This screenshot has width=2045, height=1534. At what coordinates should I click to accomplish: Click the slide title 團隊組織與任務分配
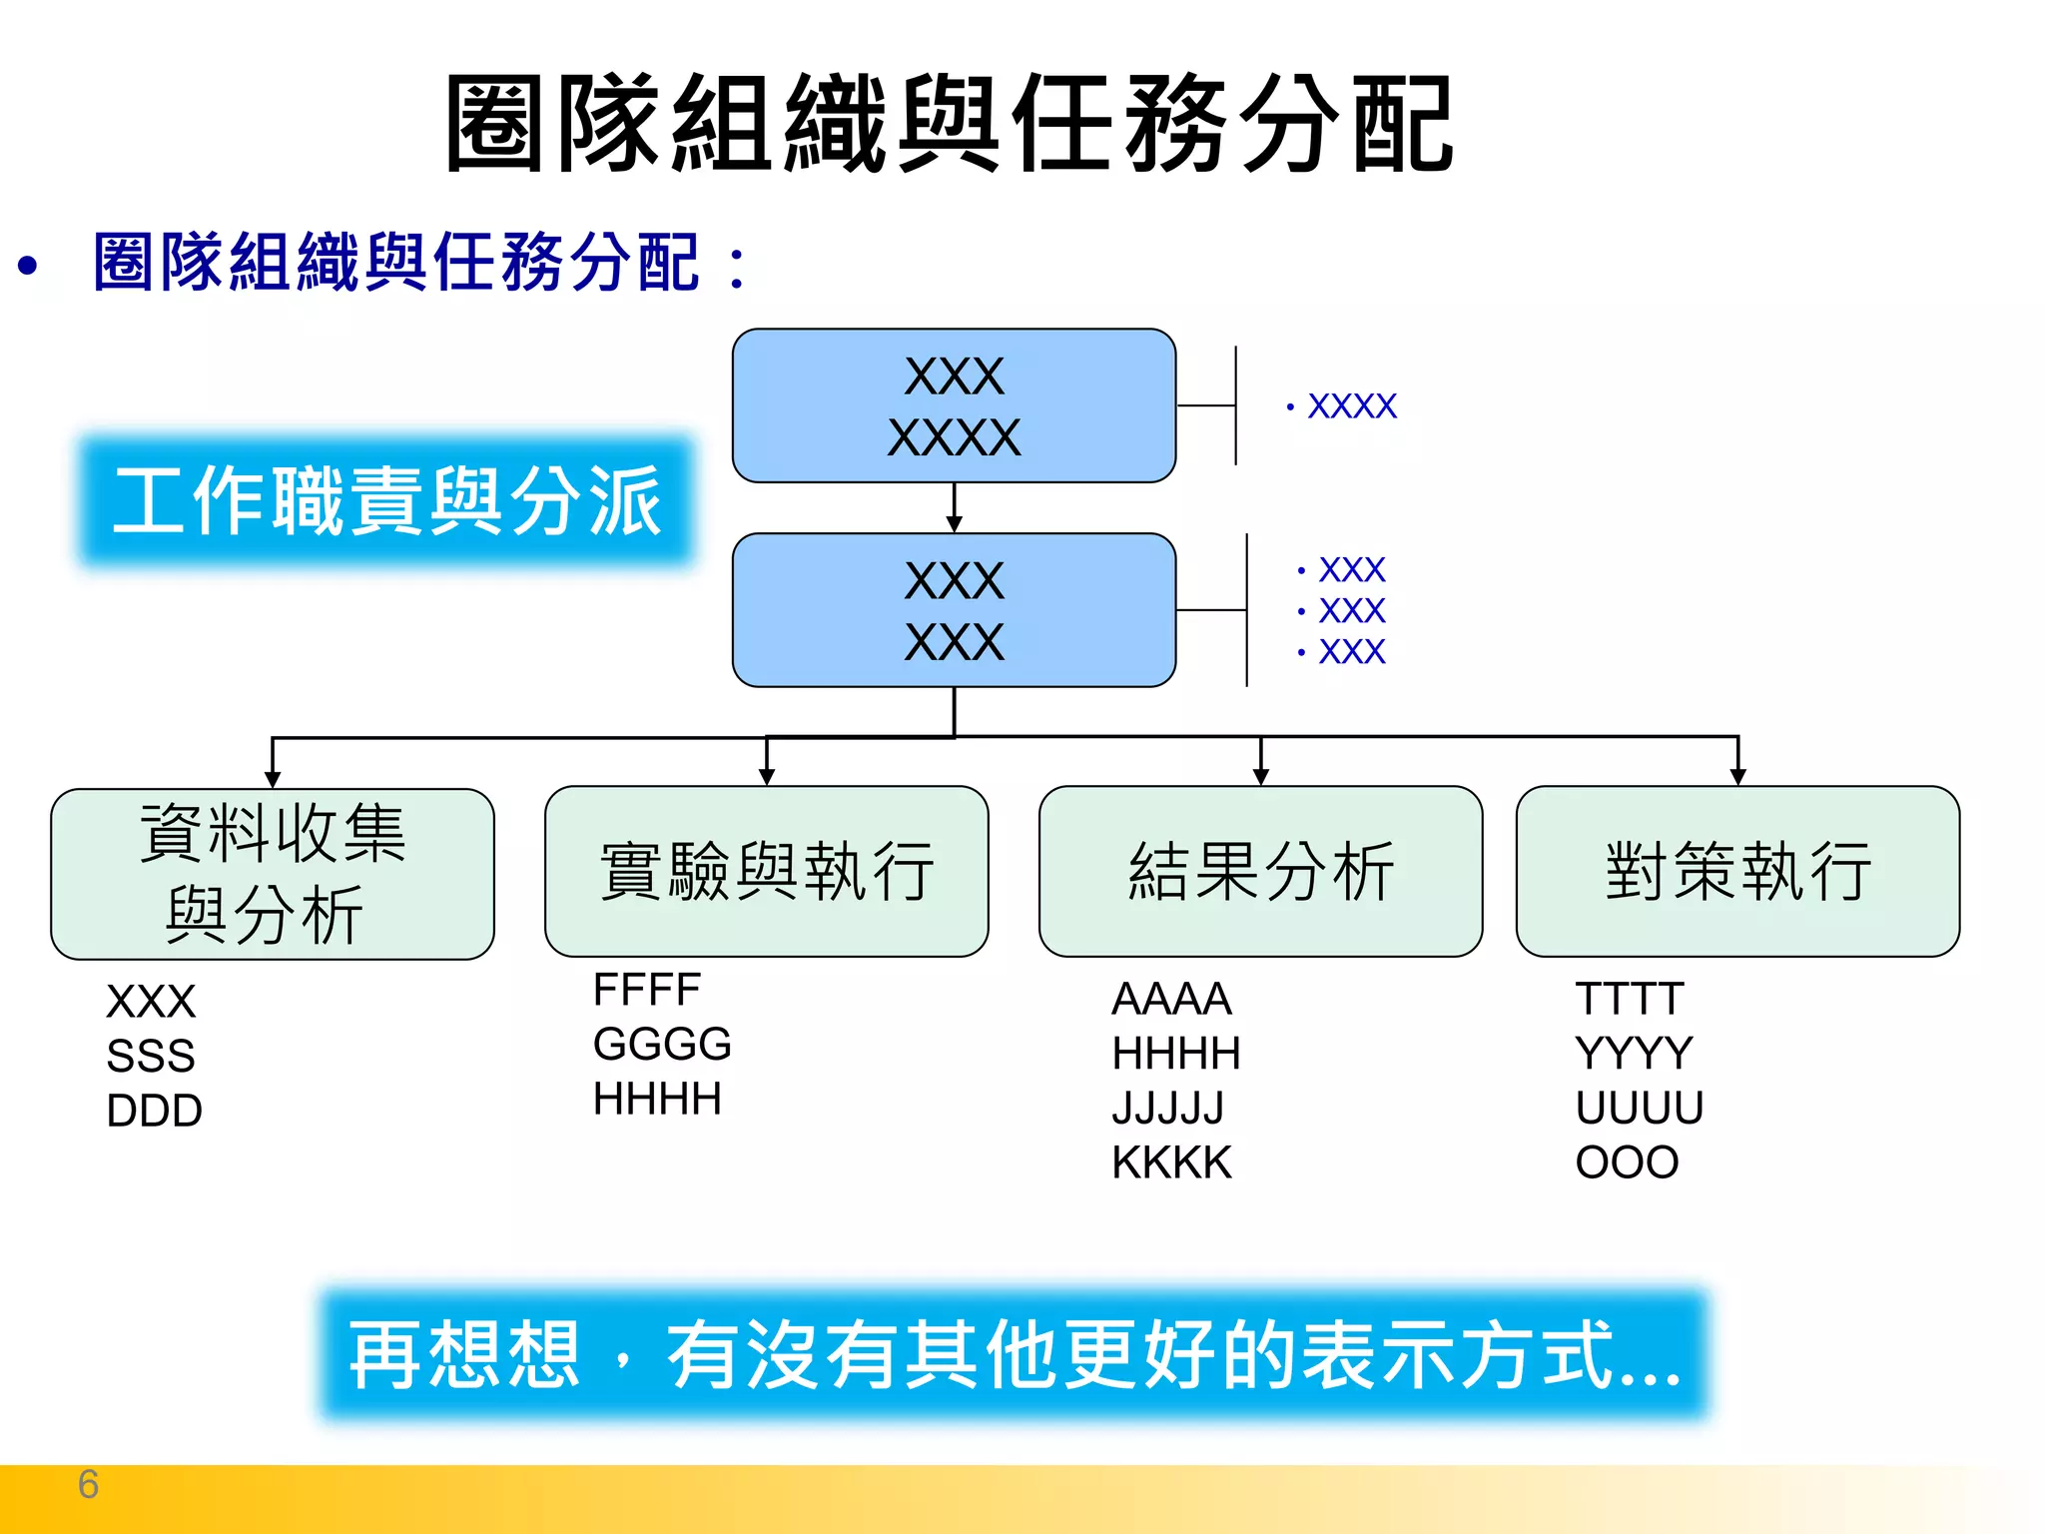pos(949,125)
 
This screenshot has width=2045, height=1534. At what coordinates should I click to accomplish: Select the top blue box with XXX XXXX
pos(954,405)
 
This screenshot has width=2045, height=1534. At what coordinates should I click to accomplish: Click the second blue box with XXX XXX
pos(954,610)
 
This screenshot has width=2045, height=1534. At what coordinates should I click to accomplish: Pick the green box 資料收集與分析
pos(272,874)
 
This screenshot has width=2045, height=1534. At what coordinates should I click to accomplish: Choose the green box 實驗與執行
pos(766,871)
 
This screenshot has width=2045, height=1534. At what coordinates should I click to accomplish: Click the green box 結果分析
pos(1260,871)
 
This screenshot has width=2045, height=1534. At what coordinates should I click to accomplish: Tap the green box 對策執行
pos(1737,871)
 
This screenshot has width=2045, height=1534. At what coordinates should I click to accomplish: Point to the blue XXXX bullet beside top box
pos(1351,406)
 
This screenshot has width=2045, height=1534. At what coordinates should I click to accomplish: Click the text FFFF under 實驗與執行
pos(647,990)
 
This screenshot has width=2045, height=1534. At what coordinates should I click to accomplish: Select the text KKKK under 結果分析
pos(1172,1162)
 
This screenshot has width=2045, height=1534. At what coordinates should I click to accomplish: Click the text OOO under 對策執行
pos(1627,1162)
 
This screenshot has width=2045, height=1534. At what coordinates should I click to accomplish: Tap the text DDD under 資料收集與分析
pos(154,1111)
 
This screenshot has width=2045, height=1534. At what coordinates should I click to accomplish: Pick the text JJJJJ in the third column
pos(1168,1108)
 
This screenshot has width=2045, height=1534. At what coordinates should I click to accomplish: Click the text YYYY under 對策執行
pos(1634,1053)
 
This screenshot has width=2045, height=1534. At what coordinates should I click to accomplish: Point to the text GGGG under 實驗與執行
pos(662,1045)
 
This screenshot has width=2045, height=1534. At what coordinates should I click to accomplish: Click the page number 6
pos(88,1484)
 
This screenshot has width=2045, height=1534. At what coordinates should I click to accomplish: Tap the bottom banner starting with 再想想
pos(1014,1354)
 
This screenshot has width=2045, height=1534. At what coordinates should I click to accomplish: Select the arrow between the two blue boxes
pos(954,508)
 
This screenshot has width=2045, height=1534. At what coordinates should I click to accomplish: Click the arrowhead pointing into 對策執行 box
pos(1737,777)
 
